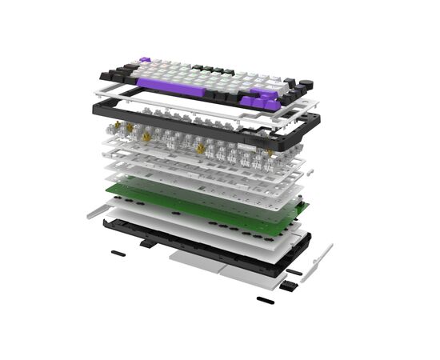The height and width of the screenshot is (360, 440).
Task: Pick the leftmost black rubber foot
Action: click(117, 252)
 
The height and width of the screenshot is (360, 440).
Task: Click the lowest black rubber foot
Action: click(264, 300)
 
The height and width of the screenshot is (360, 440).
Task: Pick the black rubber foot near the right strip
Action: click(294, 273)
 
